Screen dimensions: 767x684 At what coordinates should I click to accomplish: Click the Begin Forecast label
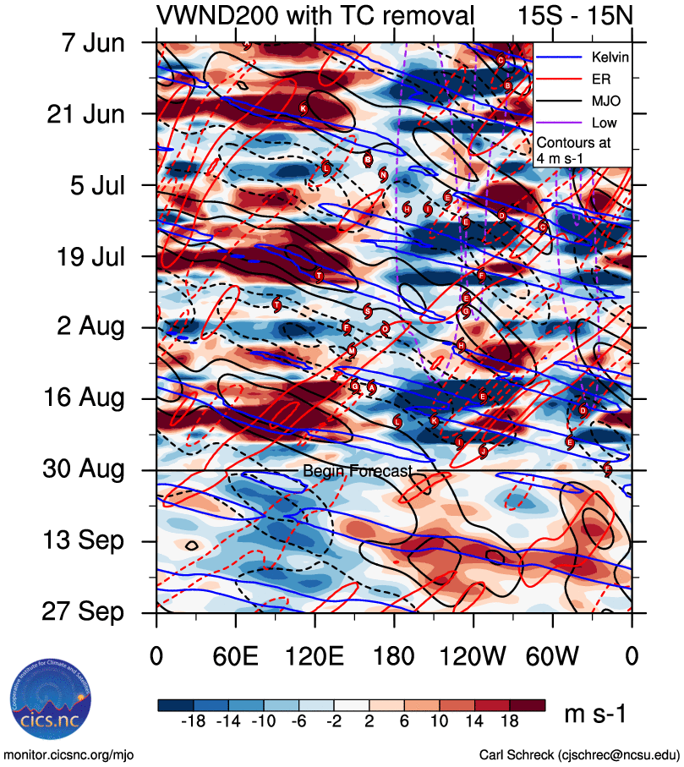coord(358,471)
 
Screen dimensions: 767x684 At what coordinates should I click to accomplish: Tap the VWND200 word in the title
coord(212,16)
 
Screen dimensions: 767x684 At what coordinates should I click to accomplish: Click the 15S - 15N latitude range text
coord(575,16)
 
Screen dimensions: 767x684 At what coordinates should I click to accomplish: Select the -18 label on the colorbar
coord(195,721)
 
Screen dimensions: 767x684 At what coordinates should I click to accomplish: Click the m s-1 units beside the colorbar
coord(595,715)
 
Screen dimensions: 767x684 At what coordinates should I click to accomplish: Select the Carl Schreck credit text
coord(579,754)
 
